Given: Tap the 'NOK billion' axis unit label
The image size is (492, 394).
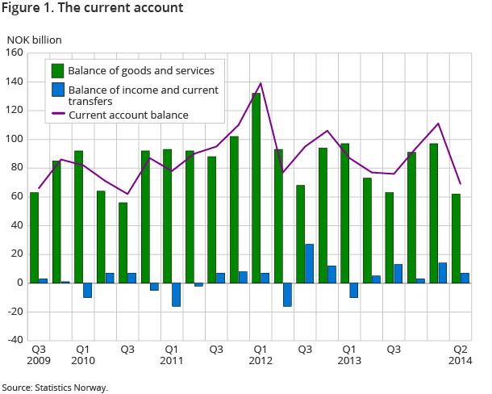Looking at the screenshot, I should (x=34, y=39).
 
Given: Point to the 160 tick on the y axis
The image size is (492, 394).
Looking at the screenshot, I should (x=14, y=53).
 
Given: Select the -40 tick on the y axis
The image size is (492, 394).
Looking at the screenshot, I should (x=14, y=340).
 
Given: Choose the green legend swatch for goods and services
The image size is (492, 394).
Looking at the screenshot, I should (x=58, y=70).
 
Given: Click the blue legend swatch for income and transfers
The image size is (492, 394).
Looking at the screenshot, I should (x=58, y=89).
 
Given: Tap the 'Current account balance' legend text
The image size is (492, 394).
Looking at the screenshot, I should (x=128, y=115).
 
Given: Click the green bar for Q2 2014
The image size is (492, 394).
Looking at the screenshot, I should (x=457, y=238).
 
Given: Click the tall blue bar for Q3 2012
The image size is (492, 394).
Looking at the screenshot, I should (x=309, y=263).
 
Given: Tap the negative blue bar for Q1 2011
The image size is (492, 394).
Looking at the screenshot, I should (x=176, y=295).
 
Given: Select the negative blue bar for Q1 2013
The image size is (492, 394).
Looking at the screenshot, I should (x=353, y=290).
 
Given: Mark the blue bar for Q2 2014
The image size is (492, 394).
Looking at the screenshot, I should (x=465, y=278).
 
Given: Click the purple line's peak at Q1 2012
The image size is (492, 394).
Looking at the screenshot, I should (x=261, y=83).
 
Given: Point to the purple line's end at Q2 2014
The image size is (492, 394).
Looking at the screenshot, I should (x=460, y=183).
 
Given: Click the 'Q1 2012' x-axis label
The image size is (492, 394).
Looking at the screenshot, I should (x=260, y=355).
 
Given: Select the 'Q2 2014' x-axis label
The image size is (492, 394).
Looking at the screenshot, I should (x=461, y=355).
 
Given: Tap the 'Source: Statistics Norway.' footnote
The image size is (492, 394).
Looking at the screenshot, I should (x=55, y=388).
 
